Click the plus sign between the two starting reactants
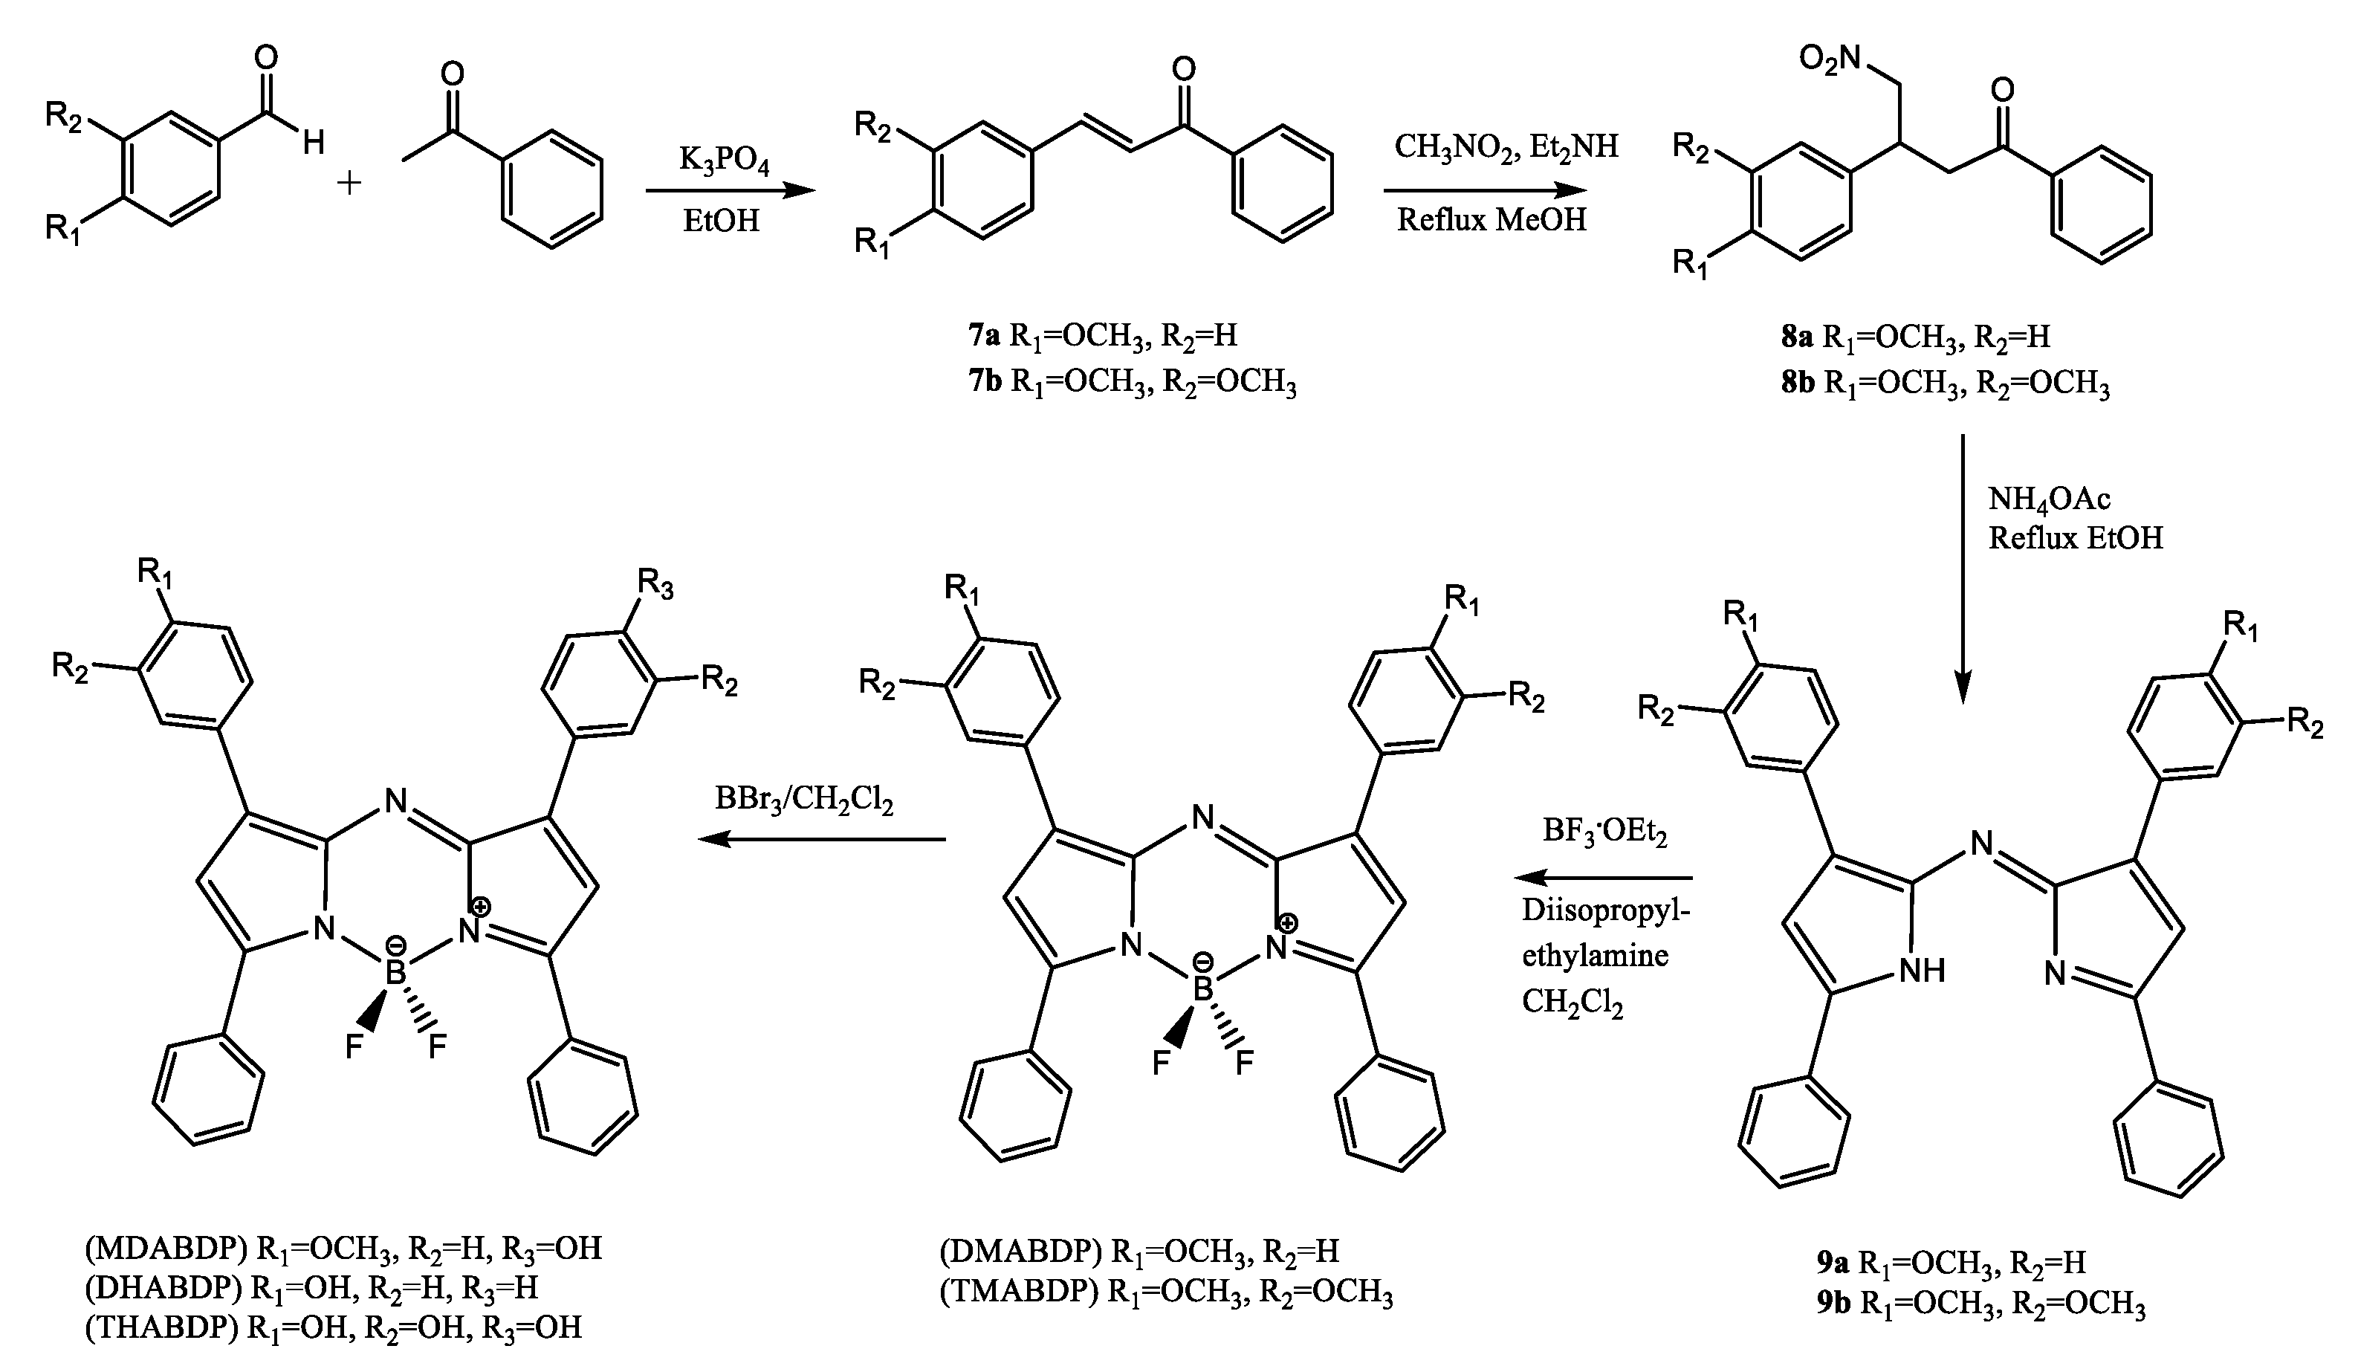pyautogui.click(x=349, y=181)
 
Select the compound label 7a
pyautogui.click(x=985, y=336)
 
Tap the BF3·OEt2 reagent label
pyautogui.click(x=1604, y=831)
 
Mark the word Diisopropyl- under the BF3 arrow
pyautogui.click(x=1606, y=910)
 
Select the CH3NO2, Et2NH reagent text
pyautogui.click(x=1506, y=147)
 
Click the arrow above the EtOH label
pyautogui.click(x=730, y=192)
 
